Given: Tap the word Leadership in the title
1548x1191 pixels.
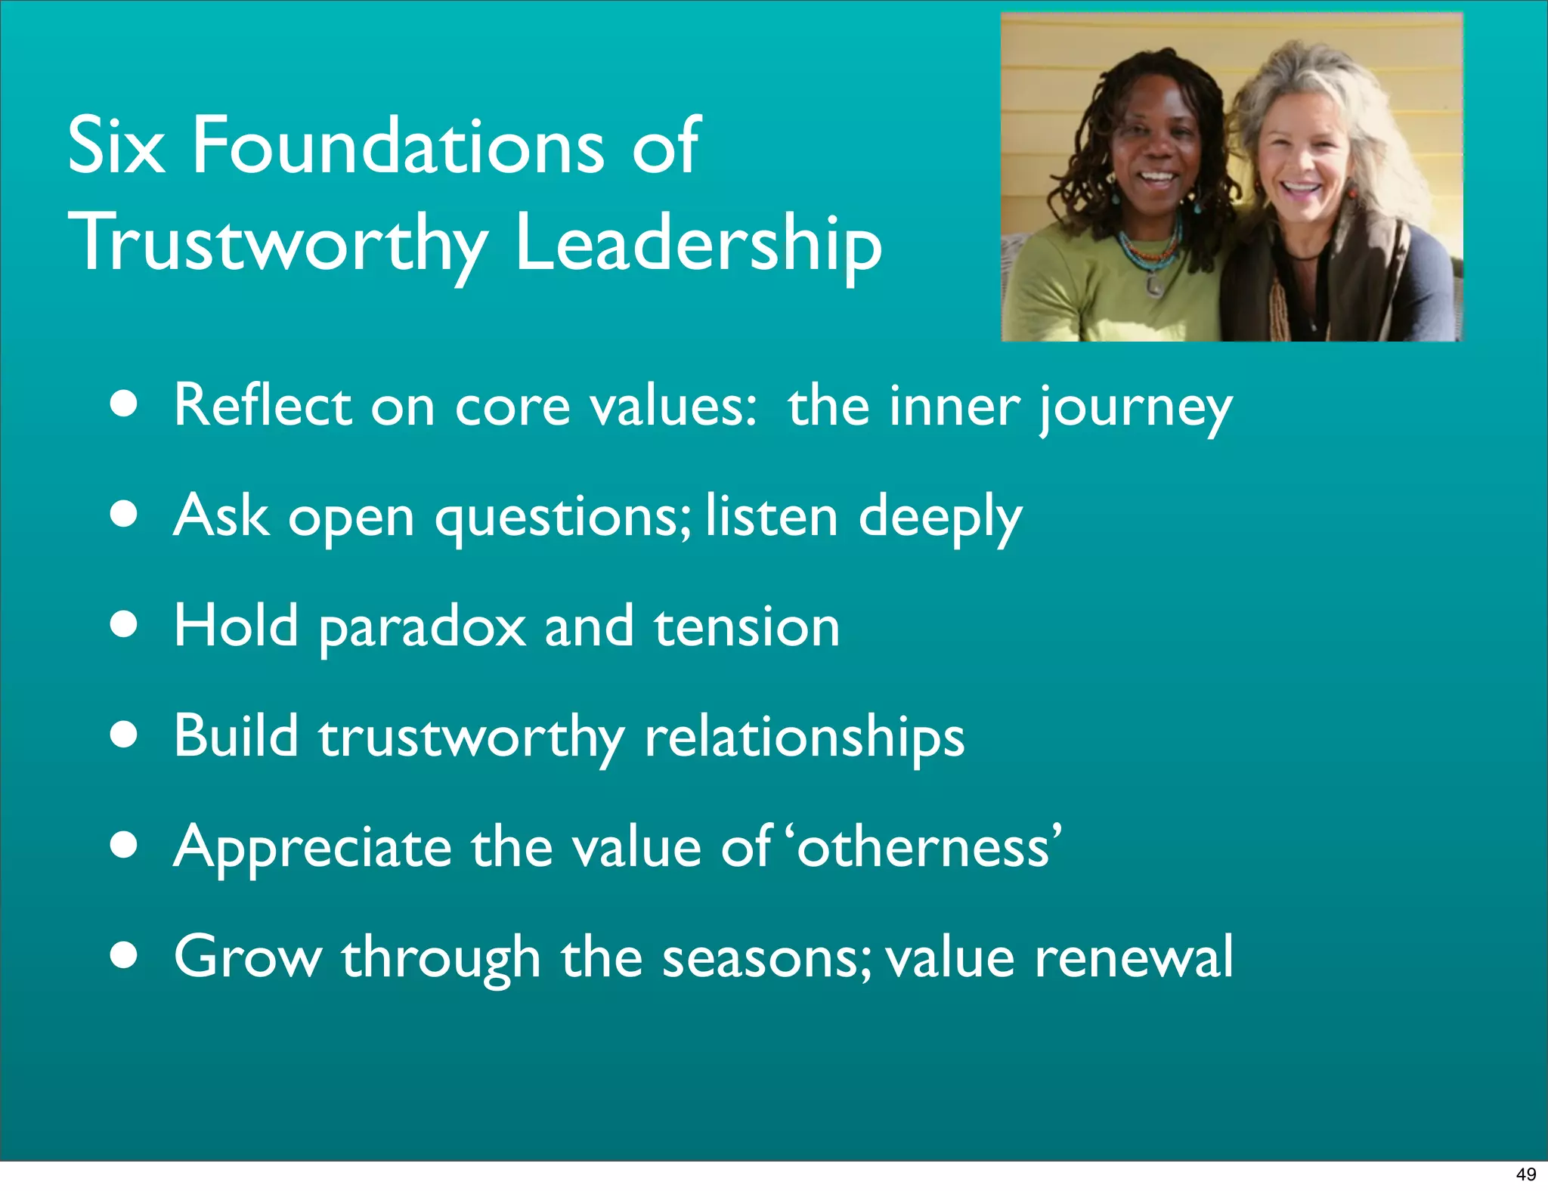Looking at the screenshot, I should coord(698,243).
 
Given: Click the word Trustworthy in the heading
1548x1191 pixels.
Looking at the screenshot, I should coord(277,243).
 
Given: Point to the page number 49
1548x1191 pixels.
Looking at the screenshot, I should coord(1525,1174).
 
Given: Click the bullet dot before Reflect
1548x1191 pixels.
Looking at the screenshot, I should coord(123,404).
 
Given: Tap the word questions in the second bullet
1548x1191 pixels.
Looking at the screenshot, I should coord(562,518).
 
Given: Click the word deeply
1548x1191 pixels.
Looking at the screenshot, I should coord(940,518).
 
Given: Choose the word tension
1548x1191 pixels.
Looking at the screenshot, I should coord(746,627).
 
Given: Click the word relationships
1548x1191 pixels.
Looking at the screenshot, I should coord(804,737).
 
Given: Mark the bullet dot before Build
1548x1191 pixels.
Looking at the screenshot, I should coord(123,735).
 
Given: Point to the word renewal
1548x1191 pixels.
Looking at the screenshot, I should coord(1133,957).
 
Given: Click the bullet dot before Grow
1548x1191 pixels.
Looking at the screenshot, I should coord(123,954).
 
